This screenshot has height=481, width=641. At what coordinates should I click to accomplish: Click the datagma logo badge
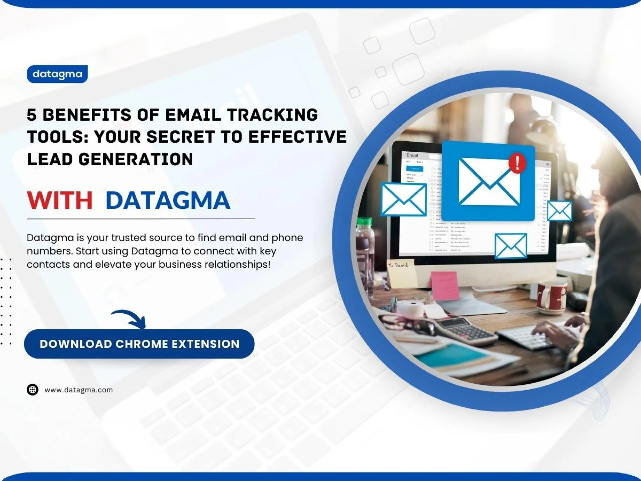[x=57, y=74]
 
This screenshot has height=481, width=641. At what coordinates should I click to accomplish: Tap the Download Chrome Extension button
[x=139, y=344]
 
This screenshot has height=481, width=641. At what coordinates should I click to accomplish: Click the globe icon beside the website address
[x=32, y=389]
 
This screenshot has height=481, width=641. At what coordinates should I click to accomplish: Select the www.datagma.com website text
[x=79, y=390]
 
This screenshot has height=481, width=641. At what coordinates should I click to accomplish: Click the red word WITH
[x=59, y=200]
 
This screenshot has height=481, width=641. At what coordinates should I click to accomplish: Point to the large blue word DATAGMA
[x=168, y=200]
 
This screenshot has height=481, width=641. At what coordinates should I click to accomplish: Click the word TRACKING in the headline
[x=272, y=115]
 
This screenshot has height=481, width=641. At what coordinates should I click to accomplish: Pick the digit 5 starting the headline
[x=31, y=115]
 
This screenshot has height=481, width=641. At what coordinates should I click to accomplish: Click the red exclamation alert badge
[x=517, y=163]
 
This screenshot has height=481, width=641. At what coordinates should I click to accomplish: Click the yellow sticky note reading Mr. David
[x=402, y=272]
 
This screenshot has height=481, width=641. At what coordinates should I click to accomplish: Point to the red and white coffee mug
[x=551, y=298]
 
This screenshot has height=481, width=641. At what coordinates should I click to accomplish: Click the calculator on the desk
[x=466, y=331]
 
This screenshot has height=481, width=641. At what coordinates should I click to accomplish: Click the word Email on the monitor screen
[x=412, y=155]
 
